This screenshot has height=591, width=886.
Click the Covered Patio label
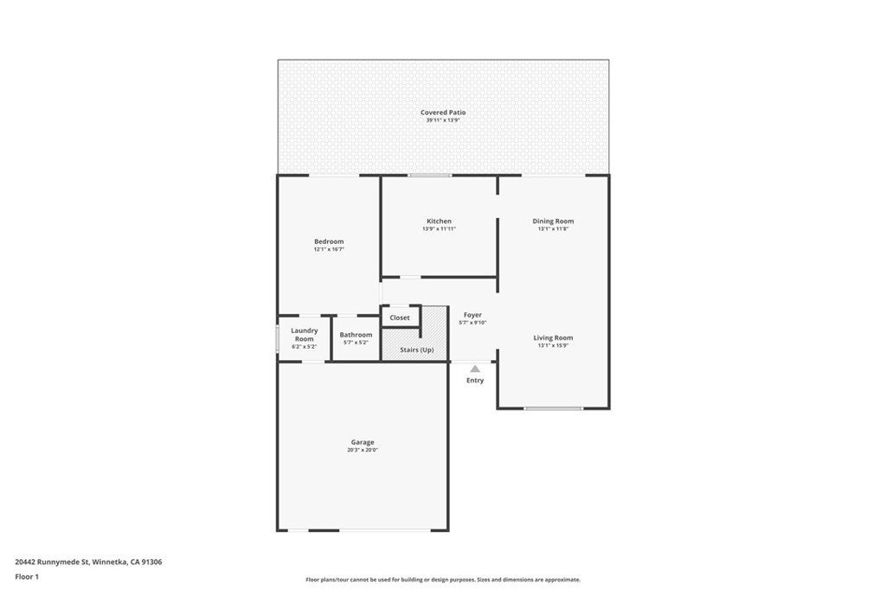click(443, 112)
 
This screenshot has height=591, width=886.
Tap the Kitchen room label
click(439, 221)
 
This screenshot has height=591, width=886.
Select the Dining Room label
click(553, 221)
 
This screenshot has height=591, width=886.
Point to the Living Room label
click(553, 337)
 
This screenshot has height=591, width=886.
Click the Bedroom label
click(329, 241)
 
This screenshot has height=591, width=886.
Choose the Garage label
click(363, 442)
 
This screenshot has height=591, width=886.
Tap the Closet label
click(400, 318)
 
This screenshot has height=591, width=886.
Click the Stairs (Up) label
click(417, 350)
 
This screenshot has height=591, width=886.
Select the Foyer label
click(473, 315)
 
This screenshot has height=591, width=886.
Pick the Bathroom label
click(356, 335)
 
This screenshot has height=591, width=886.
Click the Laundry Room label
click(305, 335)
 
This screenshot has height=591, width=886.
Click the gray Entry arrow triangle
click(475, 369)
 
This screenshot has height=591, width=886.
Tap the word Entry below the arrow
click(475, 380)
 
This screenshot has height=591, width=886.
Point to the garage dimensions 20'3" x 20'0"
click(363, 450)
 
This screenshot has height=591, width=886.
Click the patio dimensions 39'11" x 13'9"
click(443, 120)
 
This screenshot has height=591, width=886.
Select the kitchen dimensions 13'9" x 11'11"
click(439, 228)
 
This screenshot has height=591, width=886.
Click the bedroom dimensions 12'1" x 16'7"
click(329, 249)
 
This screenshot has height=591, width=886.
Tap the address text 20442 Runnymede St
click(52, 562)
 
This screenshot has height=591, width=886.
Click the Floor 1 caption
click(27, 577)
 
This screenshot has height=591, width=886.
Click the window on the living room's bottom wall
click(553, 408)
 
